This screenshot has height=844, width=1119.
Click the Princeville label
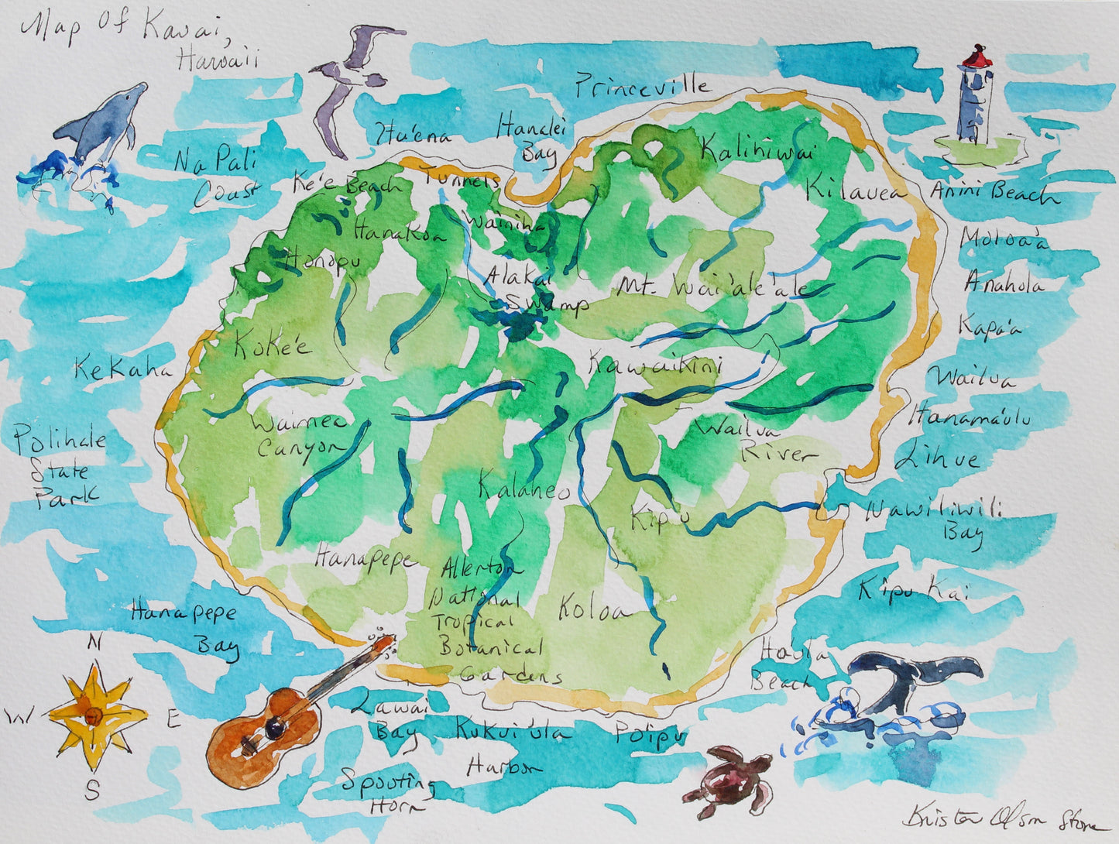(x=641, y=86)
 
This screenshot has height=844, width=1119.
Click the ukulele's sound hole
(x=273, y=726)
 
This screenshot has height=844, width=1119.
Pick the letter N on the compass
(x=94, y=642)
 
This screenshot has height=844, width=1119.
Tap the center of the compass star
(x=94, y=715)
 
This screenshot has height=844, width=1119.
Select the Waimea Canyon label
(x=299, y=436)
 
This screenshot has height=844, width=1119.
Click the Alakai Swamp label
(x=534, y=290)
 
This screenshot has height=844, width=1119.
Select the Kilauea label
(x=855, y=188)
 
